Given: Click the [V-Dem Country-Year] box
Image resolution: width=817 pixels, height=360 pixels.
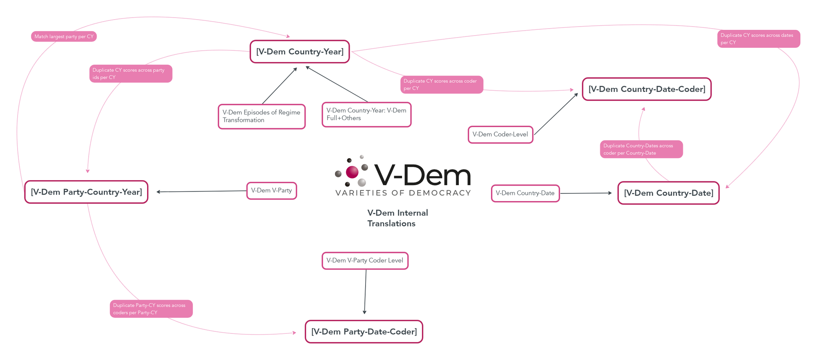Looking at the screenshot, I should click(x=299, y=51).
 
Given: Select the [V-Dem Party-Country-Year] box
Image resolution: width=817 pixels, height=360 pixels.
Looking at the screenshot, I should click(x=86, y=192).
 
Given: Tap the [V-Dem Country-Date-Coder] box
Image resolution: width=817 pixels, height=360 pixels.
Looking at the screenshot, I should click(x=647, y=89).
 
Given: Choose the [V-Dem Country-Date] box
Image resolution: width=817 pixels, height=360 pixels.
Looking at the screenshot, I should click(x=668, y=193).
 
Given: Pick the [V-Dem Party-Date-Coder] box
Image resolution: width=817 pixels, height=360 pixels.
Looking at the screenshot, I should click(x=364, y=331).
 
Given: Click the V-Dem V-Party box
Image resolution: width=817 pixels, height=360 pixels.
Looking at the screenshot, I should click(x=272, y=191).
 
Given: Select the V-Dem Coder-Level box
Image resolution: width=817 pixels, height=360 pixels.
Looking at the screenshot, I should click(x=500, y=134).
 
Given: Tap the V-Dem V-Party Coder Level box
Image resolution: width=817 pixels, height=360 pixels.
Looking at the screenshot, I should click(x=365, y=261).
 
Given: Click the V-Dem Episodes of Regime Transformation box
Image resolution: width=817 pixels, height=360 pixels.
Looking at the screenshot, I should click(x=261, y=116).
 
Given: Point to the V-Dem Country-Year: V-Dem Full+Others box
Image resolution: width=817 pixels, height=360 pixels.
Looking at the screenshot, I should click(x=366, y=114).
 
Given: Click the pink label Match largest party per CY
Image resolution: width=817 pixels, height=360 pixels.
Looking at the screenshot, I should click(x=64, y=36).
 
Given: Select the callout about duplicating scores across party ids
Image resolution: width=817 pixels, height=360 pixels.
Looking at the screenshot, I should click(x=131, y=74).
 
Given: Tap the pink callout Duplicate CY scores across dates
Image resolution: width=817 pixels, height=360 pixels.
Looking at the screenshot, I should click(x=759, y=39).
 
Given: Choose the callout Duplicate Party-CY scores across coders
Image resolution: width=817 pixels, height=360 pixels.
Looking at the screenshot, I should click(x=151, y=309).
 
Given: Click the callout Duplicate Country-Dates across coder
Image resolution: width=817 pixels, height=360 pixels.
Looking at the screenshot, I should click(x=641, y=149).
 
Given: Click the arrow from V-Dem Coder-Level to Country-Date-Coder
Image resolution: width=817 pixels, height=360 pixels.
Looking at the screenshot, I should click(x=556, y=114).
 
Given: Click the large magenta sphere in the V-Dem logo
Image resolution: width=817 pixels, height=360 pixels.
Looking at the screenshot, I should click(x=352, y=172).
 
